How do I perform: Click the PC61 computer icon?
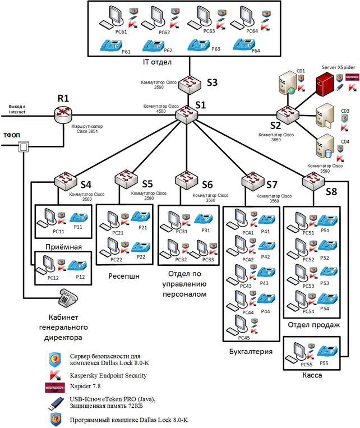pyautogui.click(x=110, y=18)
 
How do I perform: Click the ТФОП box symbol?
pyautogui.click(x=24, y=147)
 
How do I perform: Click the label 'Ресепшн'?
pyautogui.click(x=124, y=276)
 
